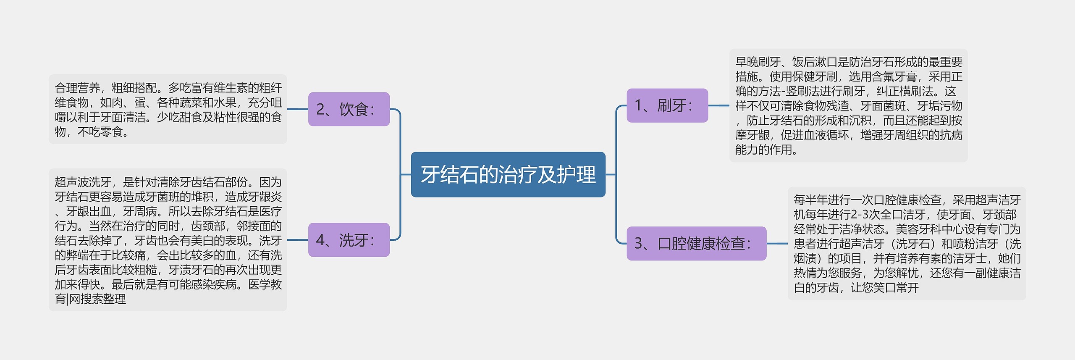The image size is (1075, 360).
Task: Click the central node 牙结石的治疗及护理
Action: [x=508, y=174]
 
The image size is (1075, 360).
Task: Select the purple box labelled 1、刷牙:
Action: [x=667, y=105]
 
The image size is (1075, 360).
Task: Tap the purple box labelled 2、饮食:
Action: [x=349, y=109]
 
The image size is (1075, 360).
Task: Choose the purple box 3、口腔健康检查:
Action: [x=696, y=243]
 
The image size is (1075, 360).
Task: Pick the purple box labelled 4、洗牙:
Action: [x=349, y=240]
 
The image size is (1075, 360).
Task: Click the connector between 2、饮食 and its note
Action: [x=298, y=109]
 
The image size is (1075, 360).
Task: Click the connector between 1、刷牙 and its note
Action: [x=718, y=105]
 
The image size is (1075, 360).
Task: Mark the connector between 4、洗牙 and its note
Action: [x=298, y=240]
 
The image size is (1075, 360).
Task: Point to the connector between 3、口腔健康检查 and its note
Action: [x=777, y=243]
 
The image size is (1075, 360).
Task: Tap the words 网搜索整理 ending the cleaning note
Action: [x=97, y=299]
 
